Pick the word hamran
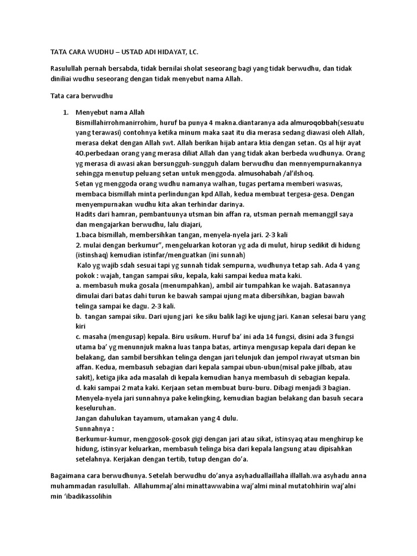click(x=123, y=214)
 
